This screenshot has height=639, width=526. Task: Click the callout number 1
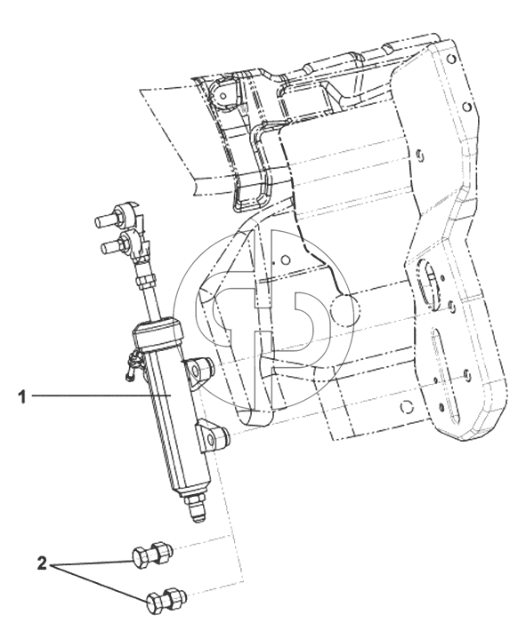click(22, 396)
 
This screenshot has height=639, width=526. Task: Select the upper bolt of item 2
click(152, 554)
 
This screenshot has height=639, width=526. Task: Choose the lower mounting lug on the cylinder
click(212, 437)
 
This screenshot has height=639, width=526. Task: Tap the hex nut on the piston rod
click(146, 280)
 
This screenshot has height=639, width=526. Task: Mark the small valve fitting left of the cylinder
click(134, 363)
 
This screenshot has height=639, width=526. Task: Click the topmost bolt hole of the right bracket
click(451, 58)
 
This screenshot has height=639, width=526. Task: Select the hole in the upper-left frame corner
click(223, 97)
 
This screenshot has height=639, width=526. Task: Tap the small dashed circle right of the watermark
click(344, 309)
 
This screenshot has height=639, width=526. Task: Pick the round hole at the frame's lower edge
click(406, 407)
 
